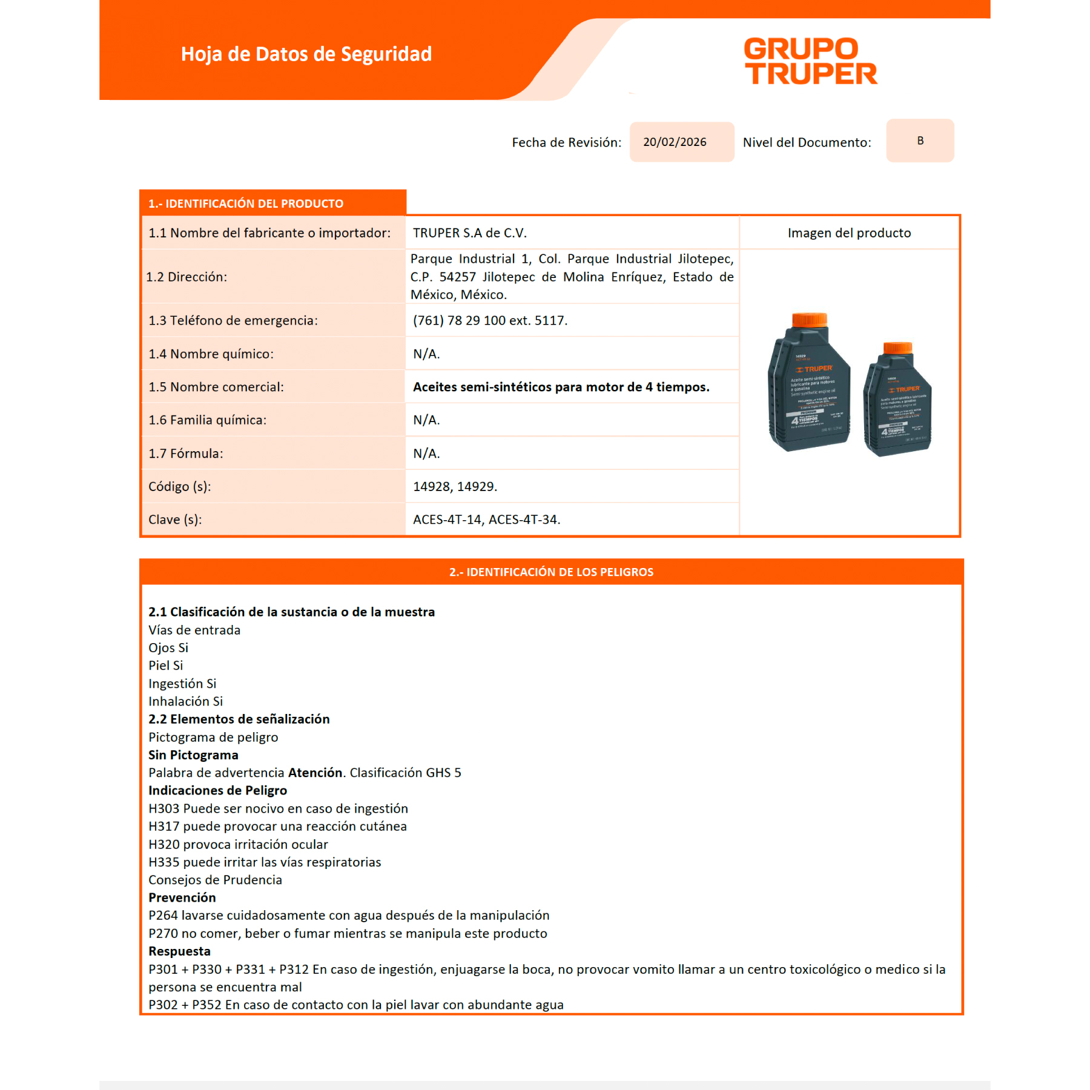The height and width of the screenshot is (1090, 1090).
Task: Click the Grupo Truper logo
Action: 810,61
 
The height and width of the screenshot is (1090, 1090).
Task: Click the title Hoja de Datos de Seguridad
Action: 306,54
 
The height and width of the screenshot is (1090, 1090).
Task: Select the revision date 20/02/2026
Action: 675,142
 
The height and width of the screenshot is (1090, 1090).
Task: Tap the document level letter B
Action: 920,141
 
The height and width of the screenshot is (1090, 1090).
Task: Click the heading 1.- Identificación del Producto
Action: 246,204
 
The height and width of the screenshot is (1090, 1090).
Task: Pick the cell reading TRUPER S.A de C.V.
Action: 470,233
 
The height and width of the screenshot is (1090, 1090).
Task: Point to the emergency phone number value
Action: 490,321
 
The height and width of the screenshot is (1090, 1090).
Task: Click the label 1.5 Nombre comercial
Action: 216,387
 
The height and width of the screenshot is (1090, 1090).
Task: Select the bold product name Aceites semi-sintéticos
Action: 561,387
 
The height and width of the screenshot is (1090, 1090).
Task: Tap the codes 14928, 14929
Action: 455,487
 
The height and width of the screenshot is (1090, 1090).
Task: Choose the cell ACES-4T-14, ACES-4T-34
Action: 486,520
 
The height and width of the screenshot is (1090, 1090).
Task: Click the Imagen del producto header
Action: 849,233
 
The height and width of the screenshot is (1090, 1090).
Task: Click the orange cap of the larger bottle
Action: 810,320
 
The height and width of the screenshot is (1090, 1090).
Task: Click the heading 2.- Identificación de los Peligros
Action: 551,572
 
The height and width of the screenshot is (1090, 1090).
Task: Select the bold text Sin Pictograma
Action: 193,755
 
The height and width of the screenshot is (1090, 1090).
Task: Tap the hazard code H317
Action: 164,827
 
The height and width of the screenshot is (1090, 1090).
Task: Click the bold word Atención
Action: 315,773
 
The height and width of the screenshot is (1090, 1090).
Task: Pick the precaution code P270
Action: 163,934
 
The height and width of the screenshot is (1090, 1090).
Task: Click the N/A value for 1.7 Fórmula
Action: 426,454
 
